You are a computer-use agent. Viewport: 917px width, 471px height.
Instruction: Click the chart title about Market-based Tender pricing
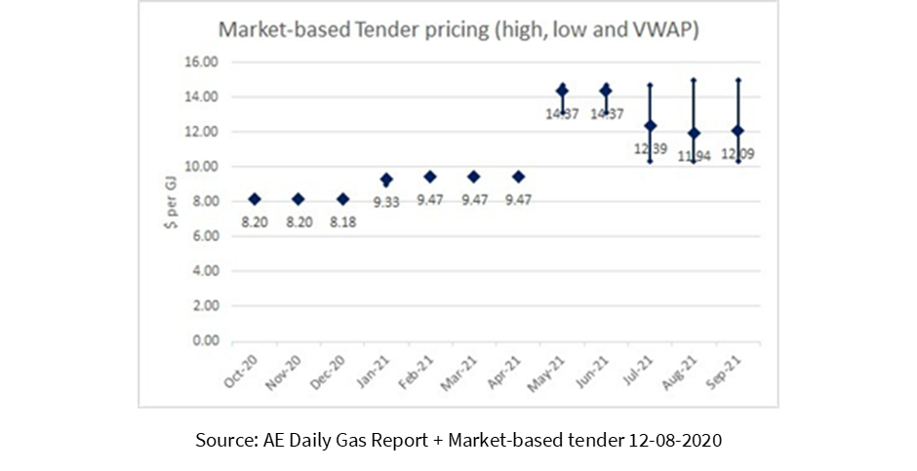(x=457, y=29)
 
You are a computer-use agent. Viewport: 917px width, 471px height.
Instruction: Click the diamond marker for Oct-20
(x=255, y=199)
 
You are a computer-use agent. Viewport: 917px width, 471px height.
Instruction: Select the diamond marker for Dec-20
(x=342, y=199)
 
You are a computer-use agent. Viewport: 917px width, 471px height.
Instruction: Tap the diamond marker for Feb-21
(x=430, y=177)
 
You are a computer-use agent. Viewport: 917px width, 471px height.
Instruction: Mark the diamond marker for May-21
(x=562, y=91)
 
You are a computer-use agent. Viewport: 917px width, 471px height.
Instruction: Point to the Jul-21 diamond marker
(x=650, y=126)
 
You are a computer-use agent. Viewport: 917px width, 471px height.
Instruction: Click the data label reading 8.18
(x=342, y=222)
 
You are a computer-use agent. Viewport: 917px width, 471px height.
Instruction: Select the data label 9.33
(x=386, y=202)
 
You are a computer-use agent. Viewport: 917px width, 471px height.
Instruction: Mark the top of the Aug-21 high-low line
(x=694, y=80)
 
